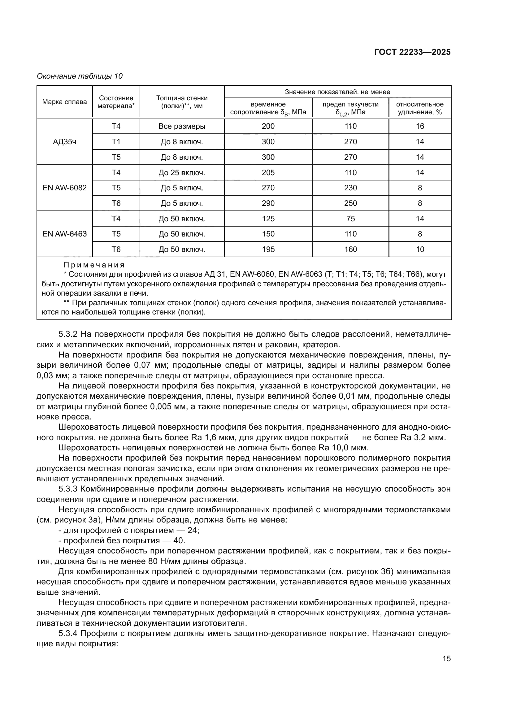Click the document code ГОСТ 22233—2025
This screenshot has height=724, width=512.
(412, 52)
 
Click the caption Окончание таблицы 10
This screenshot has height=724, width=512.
(80, 76)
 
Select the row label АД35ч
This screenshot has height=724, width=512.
(65, 142)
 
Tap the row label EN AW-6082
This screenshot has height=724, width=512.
(65, 188)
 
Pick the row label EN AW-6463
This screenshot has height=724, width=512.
(65, 234)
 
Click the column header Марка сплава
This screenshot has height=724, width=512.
(65, 102)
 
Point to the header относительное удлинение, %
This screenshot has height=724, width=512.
(420, 108)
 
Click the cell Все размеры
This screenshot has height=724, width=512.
(182, 127)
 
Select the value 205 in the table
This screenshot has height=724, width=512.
(268, 172)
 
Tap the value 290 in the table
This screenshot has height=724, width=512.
(268, 203)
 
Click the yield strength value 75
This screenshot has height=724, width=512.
(350, 219)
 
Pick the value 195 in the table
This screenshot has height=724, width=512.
(268, 249)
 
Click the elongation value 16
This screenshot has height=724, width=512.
(420, 127)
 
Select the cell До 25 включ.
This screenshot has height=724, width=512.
(182, 172)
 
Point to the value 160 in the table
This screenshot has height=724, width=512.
(350, 249)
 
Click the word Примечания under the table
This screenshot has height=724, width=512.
(94, 265)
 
